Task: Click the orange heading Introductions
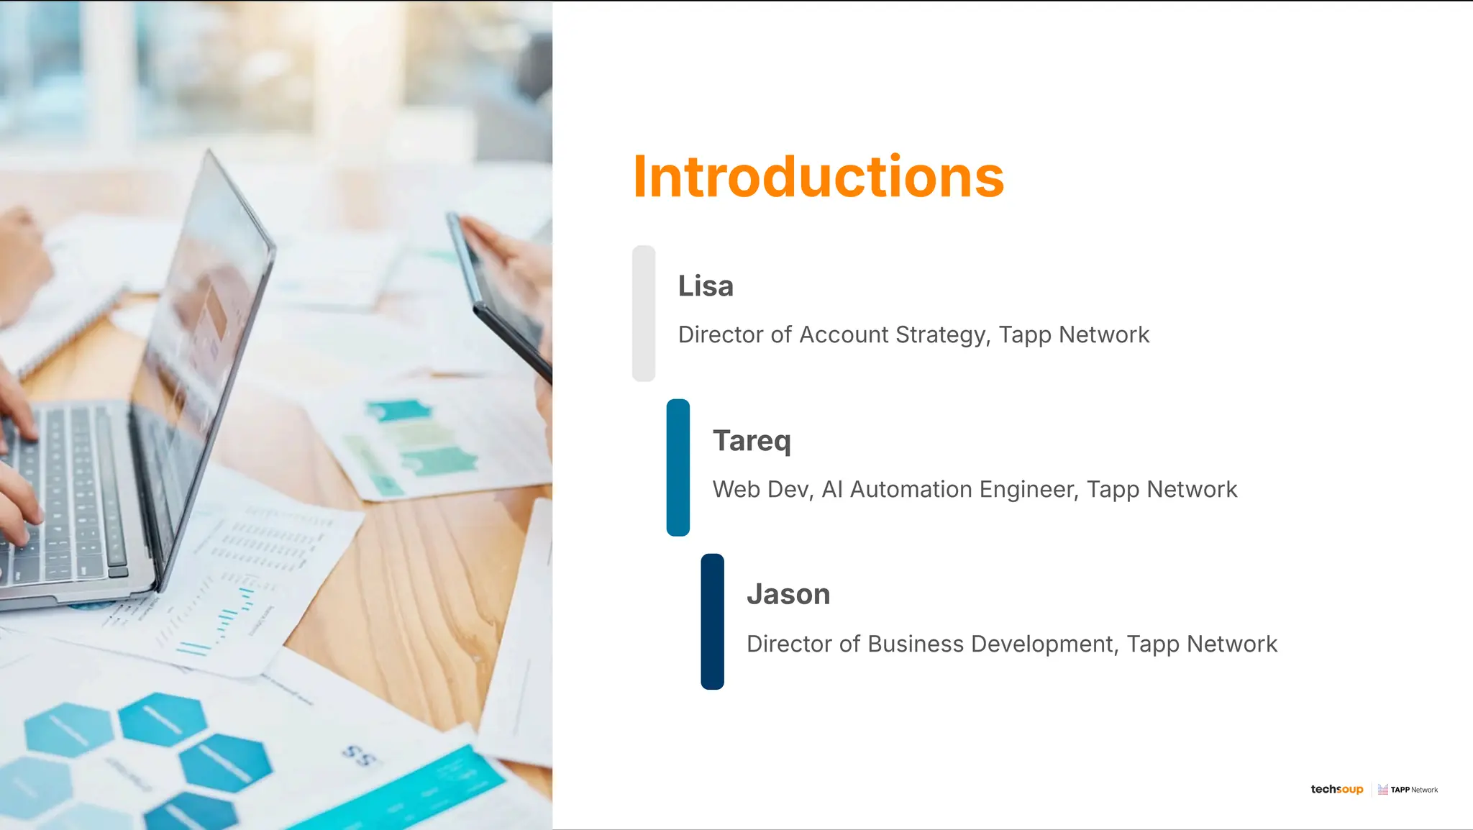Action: pos(818,177)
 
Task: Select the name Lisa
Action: pos(706,286)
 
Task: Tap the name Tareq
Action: pos(752,441)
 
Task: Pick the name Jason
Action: pos(788,595)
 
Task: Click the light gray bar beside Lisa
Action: pos(644,314)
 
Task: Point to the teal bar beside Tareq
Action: pos(678,468)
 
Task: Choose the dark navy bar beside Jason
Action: pos(712,621)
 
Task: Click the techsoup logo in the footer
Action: pos(1336,789)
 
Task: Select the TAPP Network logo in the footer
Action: pos(1408,789)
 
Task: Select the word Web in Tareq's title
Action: pos(736,490)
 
